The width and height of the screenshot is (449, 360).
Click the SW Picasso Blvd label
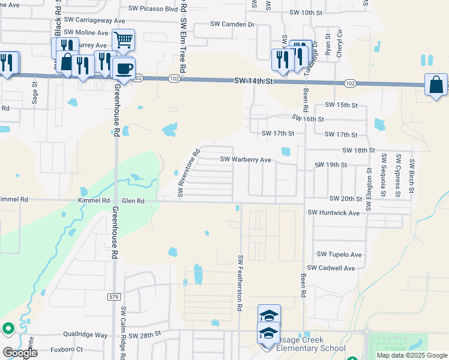[154, 10]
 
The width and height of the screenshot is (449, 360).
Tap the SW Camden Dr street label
[232, 24]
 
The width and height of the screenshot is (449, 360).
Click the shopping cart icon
[122, 40]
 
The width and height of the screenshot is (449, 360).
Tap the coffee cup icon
[124, 68]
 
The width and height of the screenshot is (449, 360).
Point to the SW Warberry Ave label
[246, 160]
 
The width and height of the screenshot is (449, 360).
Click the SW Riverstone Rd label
[188, 173]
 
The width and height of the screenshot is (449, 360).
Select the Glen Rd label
[133, 201]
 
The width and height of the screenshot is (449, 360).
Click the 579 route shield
[114, 296]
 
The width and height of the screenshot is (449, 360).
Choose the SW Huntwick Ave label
[333, 212]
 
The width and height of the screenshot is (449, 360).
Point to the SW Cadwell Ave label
[331, 268]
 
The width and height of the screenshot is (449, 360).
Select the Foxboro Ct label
[67, 349]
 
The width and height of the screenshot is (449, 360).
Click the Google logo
[20, 353]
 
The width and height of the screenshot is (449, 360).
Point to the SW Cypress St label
[397, 175]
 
